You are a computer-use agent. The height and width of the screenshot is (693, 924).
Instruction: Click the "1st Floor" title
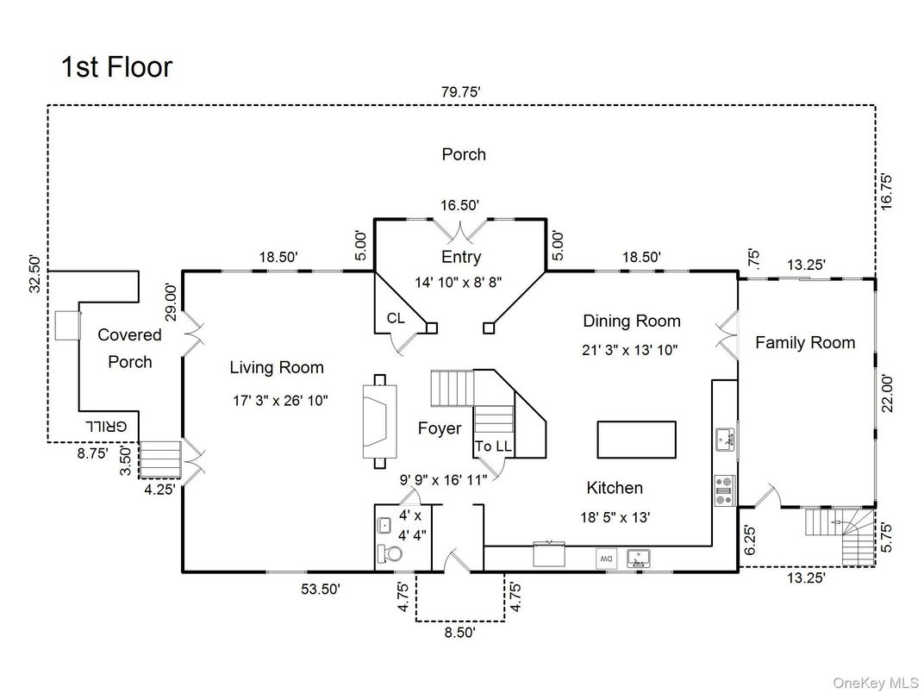coord(116,67)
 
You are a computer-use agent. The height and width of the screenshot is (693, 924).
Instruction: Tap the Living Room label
coord(277,368)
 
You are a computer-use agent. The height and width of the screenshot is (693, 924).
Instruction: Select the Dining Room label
coord(632,322)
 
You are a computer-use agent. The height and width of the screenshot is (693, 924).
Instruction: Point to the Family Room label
coord(805,343)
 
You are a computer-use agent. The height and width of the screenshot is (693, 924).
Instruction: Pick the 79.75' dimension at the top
coord(461,91)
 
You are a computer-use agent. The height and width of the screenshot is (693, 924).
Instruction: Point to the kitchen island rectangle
coord(637,440)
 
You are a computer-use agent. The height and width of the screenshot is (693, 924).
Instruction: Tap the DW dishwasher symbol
coord(605,559)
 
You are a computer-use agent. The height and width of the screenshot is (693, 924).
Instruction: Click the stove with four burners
coord(724,490)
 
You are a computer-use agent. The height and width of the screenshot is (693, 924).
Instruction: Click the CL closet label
coord(396,319)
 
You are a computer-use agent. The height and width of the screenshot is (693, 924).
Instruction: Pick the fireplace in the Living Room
coord(380,421)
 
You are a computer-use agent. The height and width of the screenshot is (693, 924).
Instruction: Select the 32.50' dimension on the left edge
coord(35,273)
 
